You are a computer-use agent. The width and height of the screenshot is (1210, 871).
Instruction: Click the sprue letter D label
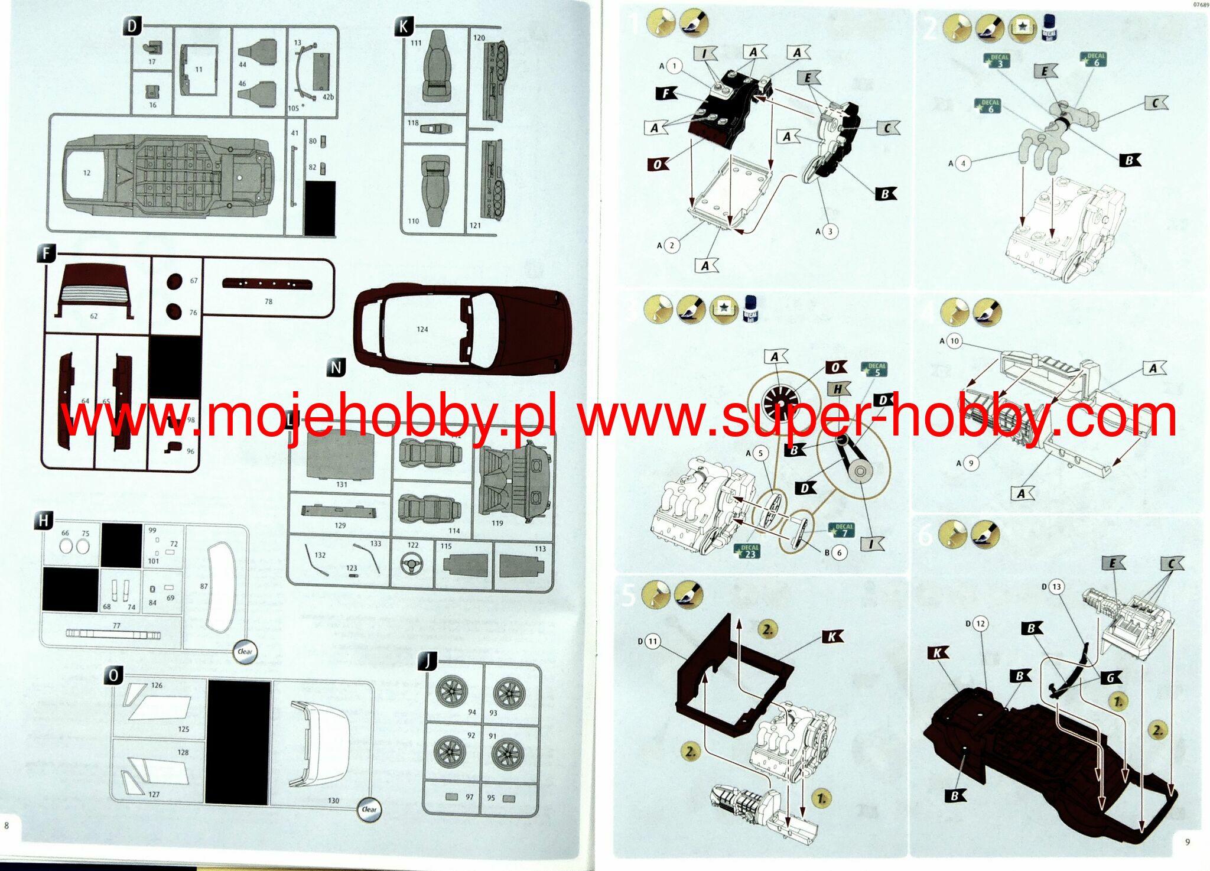[x=132, y=26]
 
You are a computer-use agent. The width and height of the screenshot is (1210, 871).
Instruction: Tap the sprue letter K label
[x=404, y=27]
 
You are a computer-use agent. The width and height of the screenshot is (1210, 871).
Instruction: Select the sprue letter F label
[x=46, y=254]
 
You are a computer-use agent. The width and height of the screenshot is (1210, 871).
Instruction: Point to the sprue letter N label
[x=336, y=368]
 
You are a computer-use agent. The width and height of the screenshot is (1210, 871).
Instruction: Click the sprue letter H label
[x=44, y=521]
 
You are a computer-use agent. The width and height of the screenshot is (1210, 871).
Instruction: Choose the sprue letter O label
[x=113, y=675]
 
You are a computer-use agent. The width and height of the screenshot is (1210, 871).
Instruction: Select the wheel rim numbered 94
[x=452, y=690]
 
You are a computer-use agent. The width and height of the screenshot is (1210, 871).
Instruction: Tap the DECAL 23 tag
[x=750, y=550]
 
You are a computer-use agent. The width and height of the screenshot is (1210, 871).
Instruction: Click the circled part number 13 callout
[x=1056, y=587]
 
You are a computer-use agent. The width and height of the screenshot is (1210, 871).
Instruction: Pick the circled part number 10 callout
[x=954, y=341]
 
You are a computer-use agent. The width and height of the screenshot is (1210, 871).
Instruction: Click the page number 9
[x=1188, y=842]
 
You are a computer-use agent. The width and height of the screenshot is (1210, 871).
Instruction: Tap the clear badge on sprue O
[x=369, y=809]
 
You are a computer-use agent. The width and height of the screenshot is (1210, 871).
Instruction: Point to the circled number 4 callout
[x=963, y=163]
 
